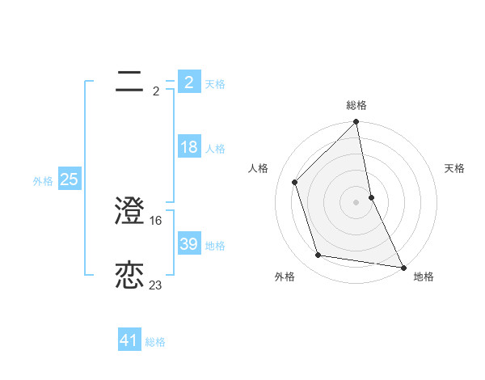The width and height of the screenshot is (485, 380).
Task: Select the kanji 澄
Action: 130,211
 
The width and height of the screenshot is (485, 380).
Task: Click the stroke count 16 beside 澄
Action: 157,220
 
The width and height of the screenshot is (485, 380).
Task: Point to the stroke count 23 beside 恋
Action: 156,285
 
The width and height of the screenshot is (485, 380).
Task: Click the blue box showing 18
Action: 189,147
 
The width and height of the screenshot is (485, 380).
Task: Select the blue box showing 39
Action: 189,244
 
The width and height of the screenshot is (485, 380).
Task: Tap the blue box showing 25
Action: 69,179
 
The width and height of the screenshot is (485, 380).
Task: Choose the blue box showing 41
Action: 129,340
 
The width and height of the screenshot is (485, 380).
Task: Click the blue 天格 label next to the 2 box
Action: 215,84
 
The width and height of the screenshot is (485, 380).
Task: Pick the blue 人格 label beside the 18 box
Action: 215,149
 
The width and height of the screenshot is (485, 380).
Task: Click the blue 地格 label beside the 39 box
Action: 215,246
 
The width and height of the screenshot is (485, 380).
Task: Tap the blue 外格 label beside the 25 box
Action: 43,181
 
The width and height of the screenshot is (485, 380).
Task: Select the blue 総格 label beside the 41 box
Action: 155,342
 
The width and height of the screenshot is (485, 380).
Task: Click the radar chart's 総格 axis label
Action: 356,105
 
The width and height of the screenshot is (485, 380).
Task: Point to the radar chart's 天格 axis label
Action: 454,168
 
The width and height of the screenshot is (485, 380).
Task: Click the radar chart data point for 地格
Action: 403,267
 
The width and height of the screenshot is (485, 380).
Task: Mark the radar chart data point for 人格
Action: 295,182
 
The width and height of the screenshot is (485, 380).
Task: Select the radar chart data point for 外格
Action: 318,255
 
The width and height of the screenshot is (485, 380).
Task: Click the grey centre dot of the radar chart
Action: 356,202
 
